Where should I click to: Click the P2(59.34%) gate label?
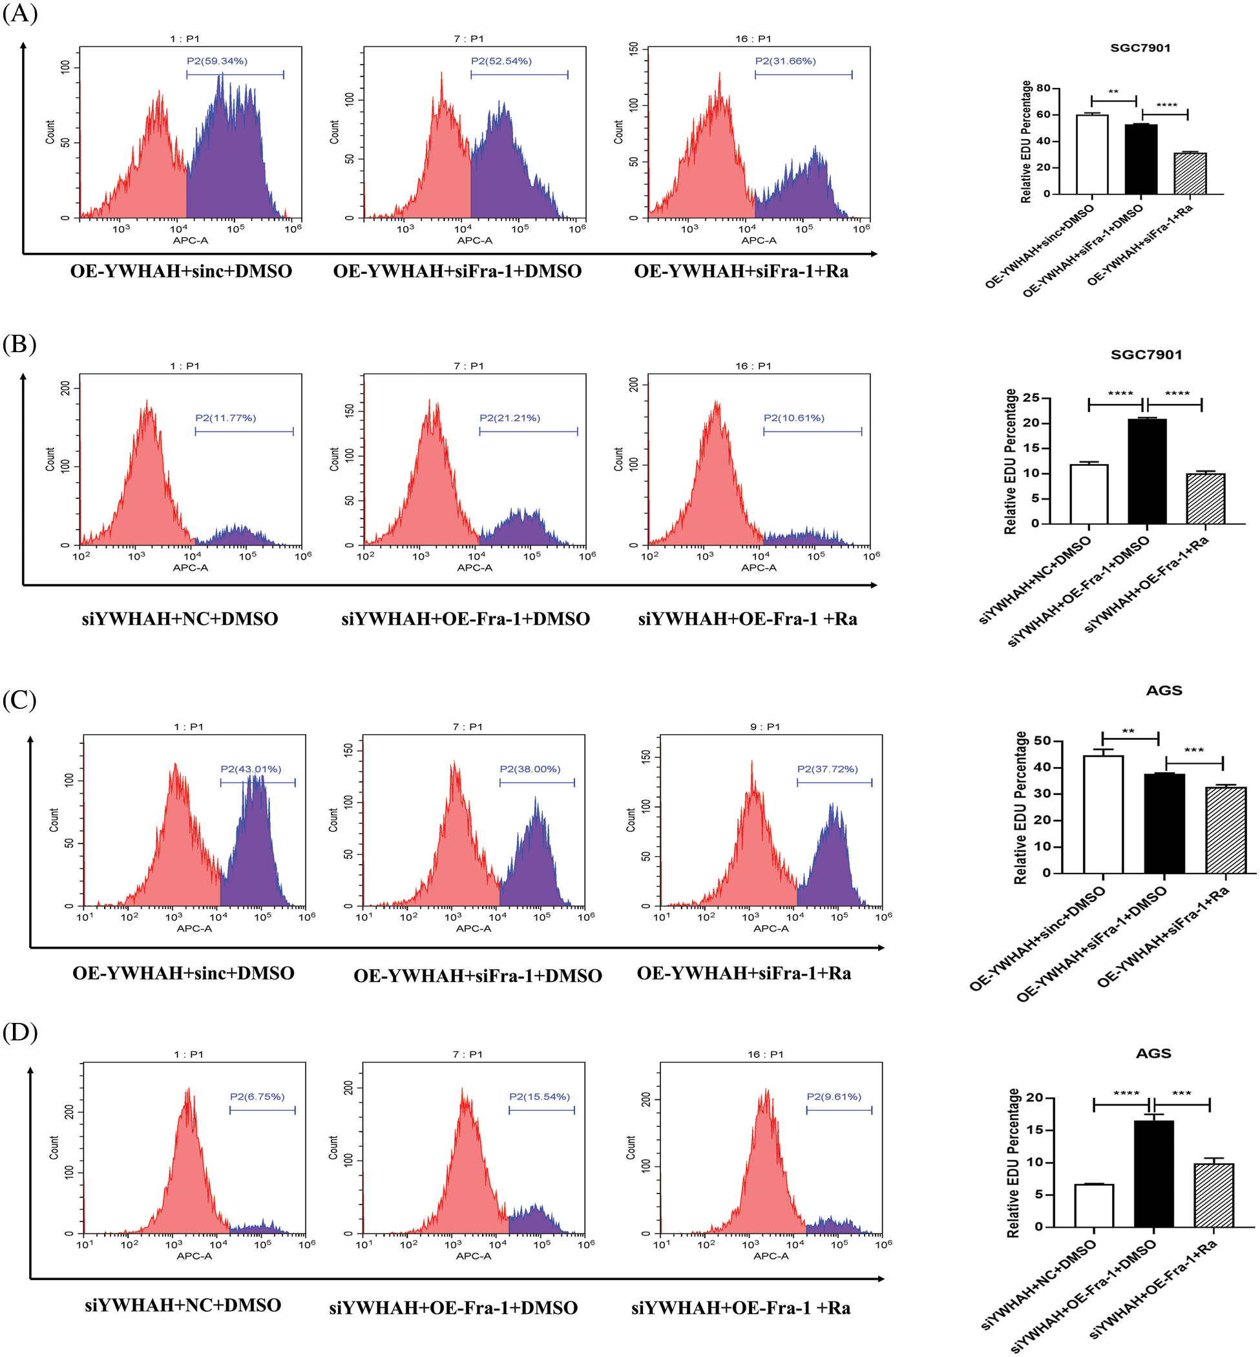tap(217, 61)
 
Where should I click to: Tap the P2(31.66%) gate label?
tap(785, 61)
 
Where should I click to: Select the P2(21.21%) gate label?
tap(509, 418)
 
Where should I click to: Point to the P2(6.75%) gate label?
tap(257, 1097)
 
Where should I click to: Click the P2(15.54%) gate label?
tap(540, 1097)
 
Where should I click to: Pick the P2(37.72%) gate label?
tap(827, 769)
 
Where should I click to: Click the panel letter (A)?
tap(20, 13)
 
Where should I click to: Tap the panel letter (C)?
tap(20, 700)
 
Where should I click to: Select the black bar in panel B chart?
tap(1147, 471)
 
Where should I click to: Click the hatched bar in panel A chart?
tap(1190, 174)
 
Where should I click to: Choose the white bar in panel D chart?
tap(1094, 1206)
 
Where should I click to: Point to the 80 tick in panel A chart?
tap(1043, 88)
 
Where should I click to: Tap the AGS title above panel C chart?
tap(1164, 691)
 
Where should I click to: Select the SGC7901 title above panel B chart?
tap(1146, 355)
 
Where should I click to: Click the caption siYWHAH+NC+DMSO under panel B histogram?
tap(180, 619)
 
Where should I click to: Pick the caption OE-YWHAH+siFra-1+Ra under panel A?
tap(741, 271)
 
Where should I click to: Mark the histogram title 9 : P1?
tap(764, 727)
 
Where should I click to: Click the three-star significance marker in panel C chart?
tap(1194, 751)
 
